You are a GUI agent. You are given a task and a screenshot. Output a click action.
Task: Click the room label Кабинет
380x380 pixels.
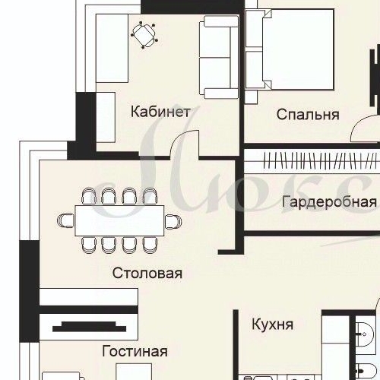coord(160,112)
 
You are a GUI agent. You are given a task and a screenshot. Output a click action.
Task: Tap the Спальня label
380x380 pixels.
coord(307,115)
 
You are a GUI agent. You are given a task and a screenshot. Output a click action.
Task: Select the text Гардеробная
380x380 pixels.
coord(328,202)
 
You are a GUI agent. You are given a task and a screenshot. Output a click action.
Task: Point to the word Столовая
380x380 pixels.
coord(147,273)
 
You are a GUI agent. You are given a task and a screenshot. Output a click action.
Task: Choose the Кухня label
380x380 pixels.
coord(272,325)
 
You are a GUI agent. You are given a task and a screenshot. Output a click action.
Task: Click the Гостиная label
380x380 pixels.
coord(134,352)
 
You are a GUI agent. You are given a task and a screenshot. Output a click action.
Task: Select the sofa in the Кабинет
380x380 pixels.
coord(219,57)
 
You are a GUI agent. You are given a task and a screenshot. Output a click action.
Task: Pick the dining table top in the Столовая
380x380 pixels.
coord(119,221)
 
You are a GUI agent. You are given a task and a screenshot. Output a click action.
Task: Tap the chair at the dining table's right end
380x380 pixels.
coord(173,221)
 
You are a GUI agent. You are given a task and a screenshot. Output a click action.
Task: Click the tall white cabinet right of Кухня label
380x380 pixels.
coord(334,342)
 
